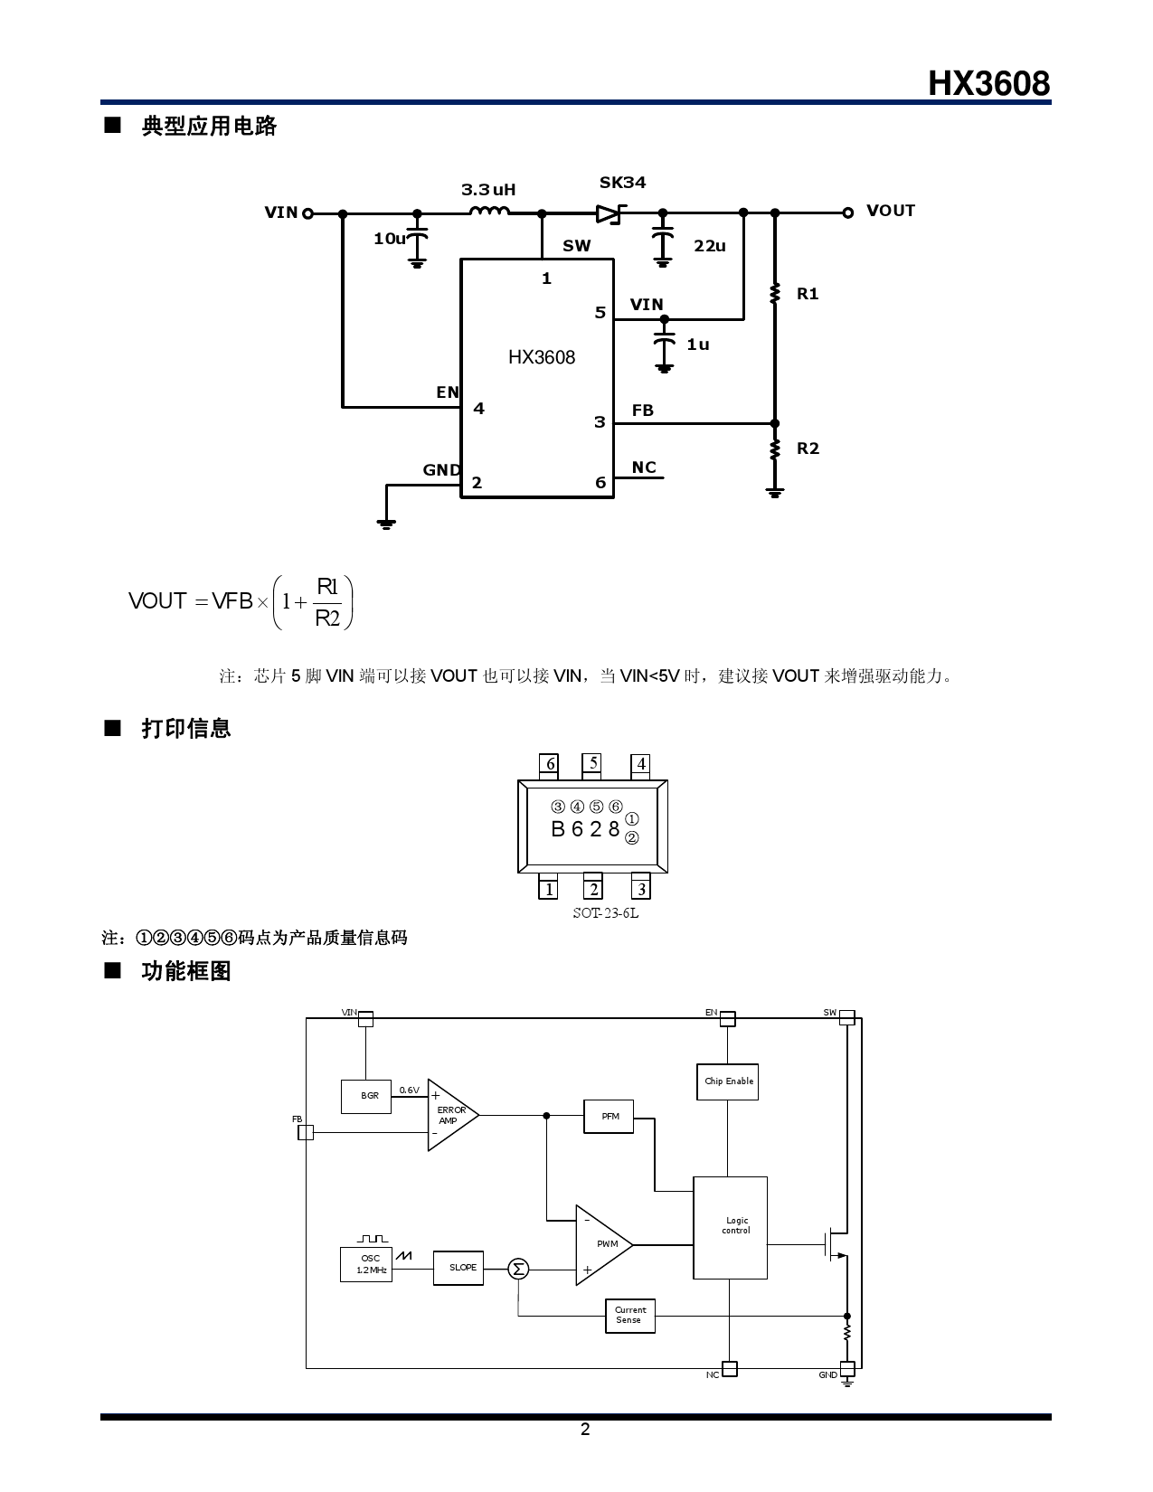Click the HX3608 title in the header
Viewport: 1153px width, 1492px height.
(988, 83)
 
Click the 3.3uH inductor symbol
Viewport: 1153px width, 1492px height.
(489, 212)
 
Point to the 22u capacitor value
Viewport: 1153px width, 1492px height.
(710, 246)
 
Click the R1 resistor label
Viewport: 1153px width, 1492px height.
(808, 294)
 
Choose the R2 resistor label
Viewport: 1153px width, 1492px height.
(808, 449)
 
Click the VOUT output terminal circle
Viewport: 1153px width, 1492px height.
(847, 212)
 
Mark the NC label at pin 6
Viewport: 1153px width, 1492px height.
(644, 467)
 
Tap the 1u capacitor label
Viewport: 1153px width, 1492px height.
(697, 345)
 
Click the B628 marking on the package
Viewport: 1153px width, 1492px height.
(585, 828)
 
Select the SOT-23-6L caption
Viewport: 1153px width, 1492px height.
(605, 912)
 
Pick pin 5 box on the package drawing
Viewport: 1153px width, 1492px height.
(593, 763)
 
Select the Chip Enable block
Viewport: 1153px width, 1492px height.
(727, 1081)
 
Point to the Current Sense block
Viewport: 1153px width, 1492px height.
(629, 1316)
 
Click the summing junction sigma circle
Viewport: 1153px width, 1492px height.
(518, 1269)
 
